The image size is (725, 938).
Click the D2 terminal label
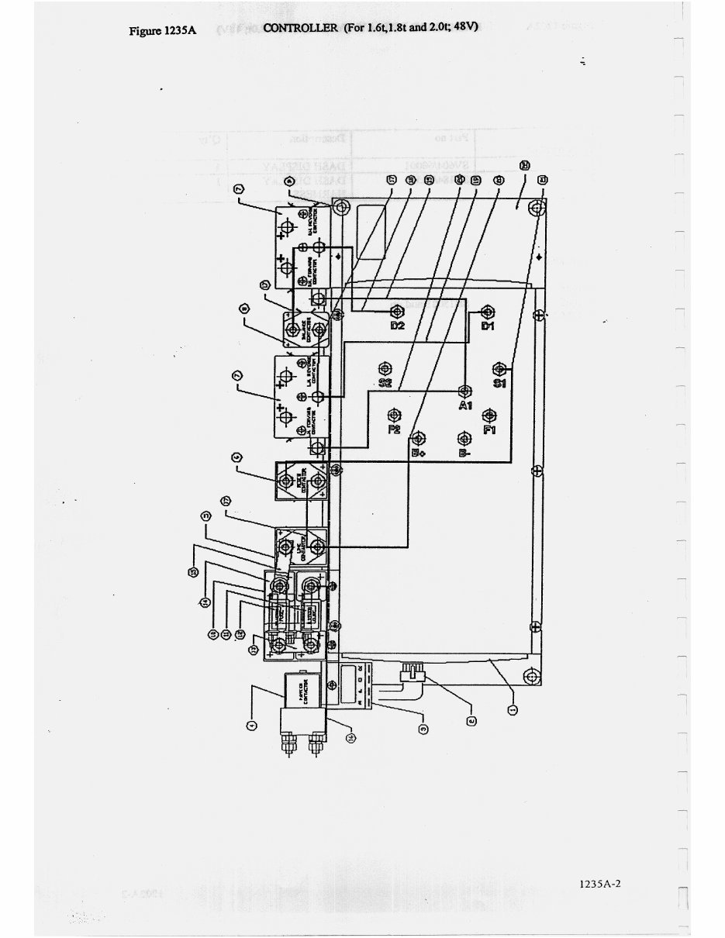click(x=397, y=326)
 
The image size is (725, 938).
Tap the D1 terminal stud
click(x=488, y=312)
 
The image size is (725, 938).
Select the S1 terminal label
click(x=499, y=382)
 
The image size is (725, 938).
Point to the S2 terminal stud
click(x=384, y=368)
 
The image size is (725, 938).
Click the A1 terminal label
click(x=465, y=406)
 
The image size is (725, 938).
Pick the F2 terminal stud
click(x=395, y=414)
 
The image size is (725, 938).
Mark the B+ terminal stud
click(x=418, y=437)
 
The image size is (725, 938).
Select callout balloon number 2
click(x=471, y=720)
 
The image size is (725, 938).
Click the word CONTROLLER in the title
click(x=300, y=29)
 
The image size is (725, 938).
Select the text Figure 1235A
click(x=161, y=31)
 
